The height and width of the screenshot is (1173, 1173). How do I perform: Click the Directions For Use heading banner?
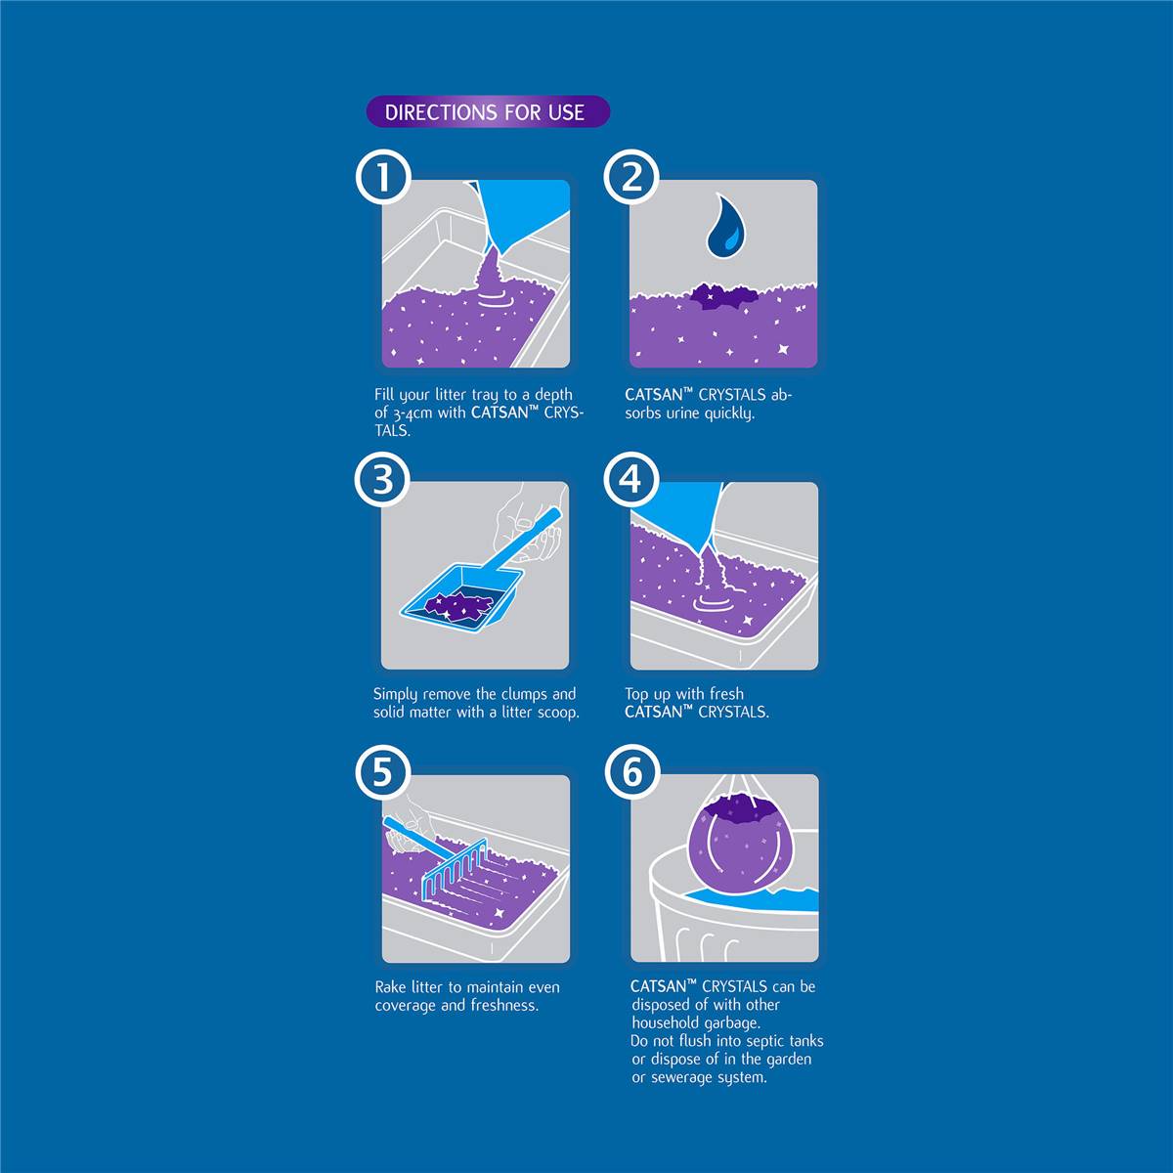(488, 112)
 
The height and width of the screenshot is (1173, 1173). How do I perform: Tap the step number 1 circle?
(383, 177)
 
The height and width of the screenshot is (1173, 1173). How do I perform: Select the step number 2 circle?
(631, 177)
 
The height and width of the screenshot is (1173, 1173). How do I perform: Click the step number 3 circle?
(382, 478)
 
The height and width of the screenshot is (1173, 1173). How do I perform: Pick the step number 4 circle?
(631, 478)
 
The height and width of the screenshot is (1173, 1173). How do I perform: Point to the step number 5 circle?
(382, 772)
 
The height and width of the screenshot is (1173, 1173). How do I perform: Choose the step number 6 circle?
(632, 772)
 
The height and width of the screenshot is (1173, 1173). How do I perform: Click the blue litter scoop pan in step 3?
(462, 596)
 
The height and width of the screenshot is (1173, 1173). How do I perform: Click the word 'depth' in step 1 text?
(553, 395)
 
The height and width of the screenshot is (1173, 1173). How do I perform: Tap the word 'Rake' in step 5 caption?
(390, 986)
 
